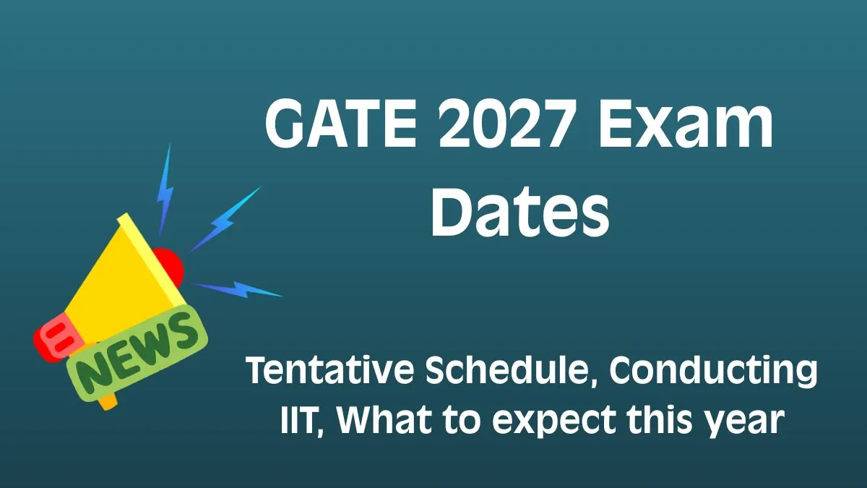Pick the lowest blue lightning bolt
click(x=238, y=289)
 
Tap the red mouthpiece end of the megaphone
click(x=51, y=341)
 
